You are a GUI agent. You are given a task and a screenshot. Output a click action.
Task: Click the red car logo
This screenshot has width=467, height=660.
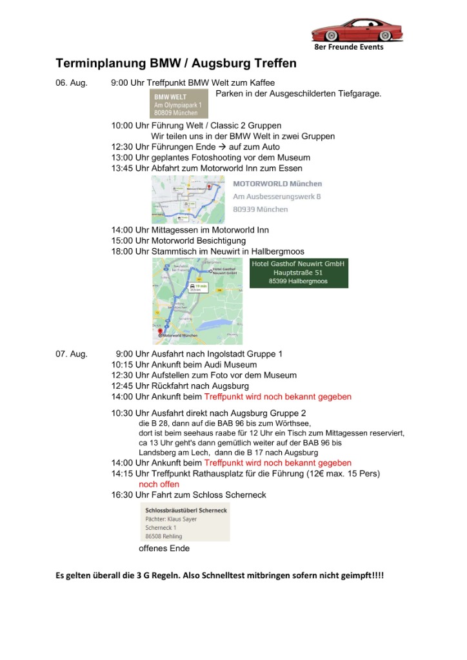[x=357, y=30]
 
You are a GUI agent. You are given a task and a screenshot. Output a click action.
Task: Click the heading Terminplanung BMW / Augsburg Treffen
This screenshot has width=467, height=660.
[x=176, y=64]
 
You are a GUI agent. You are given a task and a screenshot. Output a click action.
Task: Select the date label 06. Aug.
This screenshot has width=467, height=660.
[x=71, y=83]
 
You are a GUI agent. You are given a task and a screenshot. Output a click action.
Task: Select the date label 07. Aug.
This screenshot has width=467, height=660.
[x=71, y=354]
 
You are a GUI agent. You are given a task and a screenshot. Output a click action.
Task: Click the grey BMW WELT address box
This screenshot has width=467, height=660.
[x=178, y=104]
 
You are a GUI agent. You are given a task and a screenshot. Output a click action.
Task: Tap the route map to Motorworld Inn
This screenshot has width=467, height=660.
[x=188, y=199]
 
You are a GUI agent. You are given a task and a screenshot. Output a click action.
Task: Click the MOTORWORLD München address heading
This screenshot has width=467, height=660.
[x=277, y=184]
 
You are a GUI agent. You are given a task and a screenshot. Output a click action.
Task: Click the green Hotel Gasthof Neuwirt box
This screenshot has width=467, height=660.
[x=298, y=273]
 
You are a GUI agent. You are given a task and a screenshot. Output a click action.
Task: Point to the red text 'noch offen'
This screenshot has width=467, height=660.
[x=159, y=484]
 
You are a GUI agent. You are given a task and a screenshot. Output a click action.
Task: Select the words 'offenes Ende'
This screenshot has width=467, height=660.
[x=164, y=548]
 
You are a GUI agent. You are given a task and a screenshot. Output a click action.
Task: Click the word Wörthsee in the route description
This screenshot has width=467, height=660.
[x=293, y=423]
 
